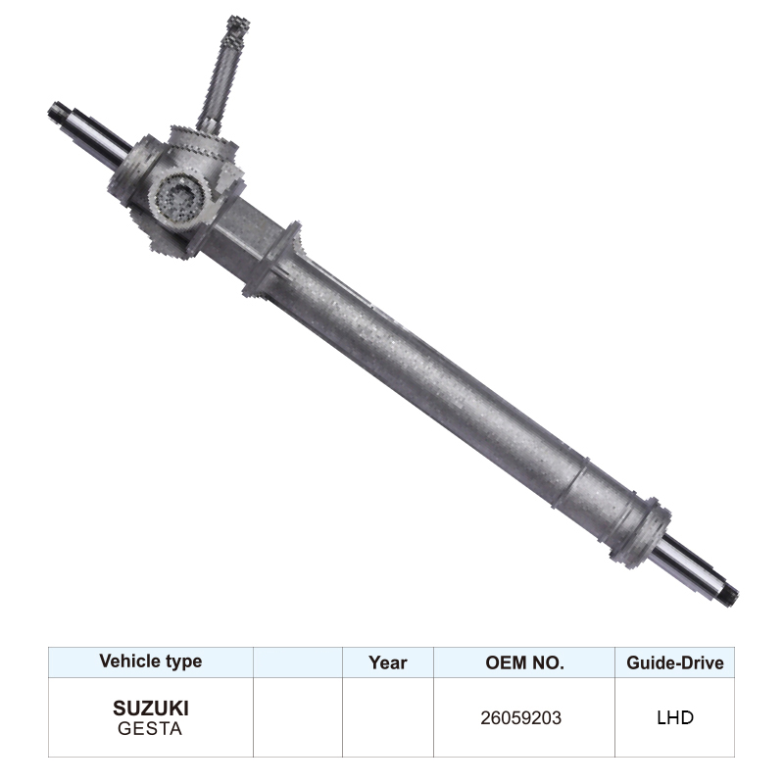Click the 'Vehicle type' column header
tap(150, 661)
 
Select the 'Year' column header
tap(387, 662)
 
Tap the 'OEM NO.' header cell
tap(524, 662)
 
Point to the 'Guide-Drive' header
tap(674, 662)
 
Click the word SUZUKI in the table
tap(150, 708)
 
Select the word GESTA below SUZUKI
tap(150, 728)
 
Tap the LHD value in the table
tap(674, 717)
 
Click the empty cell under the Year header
tap(387, 717)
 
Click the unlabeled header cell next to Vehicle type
tap(297, 662)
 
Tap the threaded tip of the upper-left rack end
tap(58, 112)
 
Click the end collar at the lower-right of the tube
tap(640, 530)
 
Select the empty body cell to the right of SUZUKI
tap(297, 717)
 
